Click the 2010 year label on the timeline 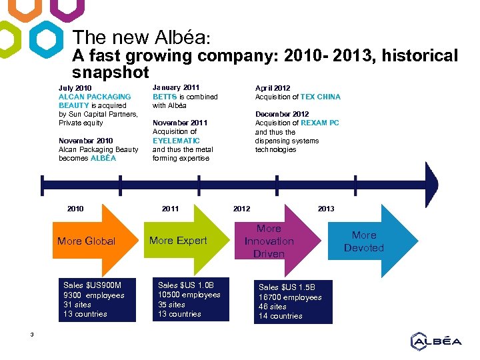[x=75, y=209]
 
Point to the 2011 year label [x=170, y=209]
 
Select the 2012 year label [x=241, y=209]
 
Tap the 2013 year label [x=326, y=209]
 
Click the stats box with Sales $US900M [x=97, y=300]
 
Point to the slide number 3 [x=32, y=334]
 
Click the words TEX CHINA [x=321, y=97]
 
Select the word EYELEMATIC [x=176, y=141]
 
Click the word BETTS [x=165, y=97]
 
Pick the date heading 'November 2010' [x=86, y=141]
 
